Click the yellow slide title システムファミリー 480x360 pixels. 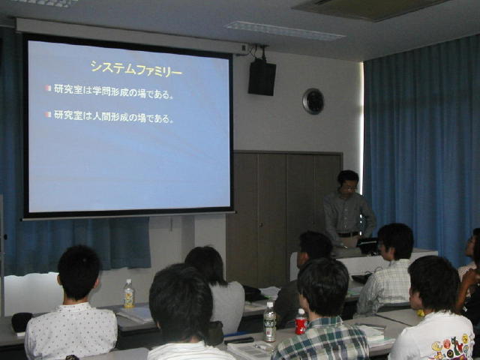(x=136, y=69)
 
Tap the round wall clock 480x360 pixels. (x=313, y=101)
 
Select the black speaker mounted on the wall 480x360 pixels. (x=262, y=76)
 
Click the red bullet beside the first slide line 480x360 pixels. (x=48, y=88)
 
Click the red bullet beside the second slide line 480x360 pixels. (x=48, y=115)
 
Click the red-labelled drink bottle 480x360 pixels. (x=301, y=322)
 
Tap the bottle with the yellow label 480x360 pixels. (x=129, y=294)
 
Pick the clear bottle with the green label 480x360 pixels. (x=269, y=322)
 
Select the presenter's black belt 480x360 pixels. (x=348, y=235)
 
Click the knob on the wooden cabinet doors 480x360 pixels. (x=260, y=225)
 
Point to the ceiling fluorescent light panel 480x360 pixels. (x=285, y=31)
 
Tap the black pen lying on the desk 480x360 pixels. (x=238, y=340)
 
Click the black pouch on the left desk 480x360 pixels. (x=22, y=322)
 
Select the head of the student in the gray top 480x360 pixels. (x=205, y=264)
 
